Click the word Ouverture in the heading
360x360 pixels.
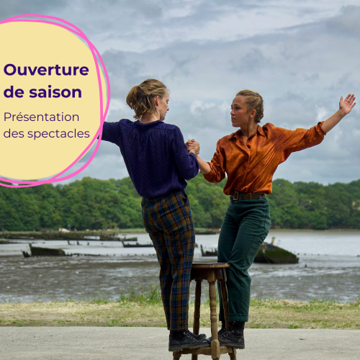pos(46,70)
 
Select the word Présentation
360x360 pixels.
pos(41,117)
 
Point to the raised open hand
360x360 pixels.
pos(347,103)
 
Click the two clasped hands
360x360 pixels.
pos(193,146)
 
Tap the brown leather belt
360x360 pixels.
pos(247,196)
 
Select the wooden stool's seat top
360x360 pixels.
pos(210,266)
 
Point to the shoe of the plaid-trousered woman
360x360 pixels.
pos(188,341)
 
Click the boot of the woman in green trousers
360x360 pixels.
pos(231,336)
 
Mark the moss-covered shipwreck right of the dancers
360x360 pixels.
pos(276,254)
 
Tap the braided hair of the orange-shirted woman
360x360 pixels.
pos(253,103)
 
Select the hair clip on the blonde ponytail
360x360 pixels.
pos(151,93)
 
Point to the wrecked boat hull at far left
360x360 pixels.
pos(45,251)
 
